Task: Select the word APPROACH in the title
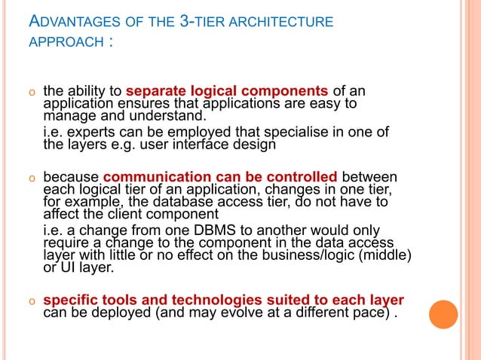click(66, 42)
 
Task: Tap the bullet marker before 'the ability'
click(32, 94)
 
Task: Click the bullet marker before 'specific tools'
click(32, 300)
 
